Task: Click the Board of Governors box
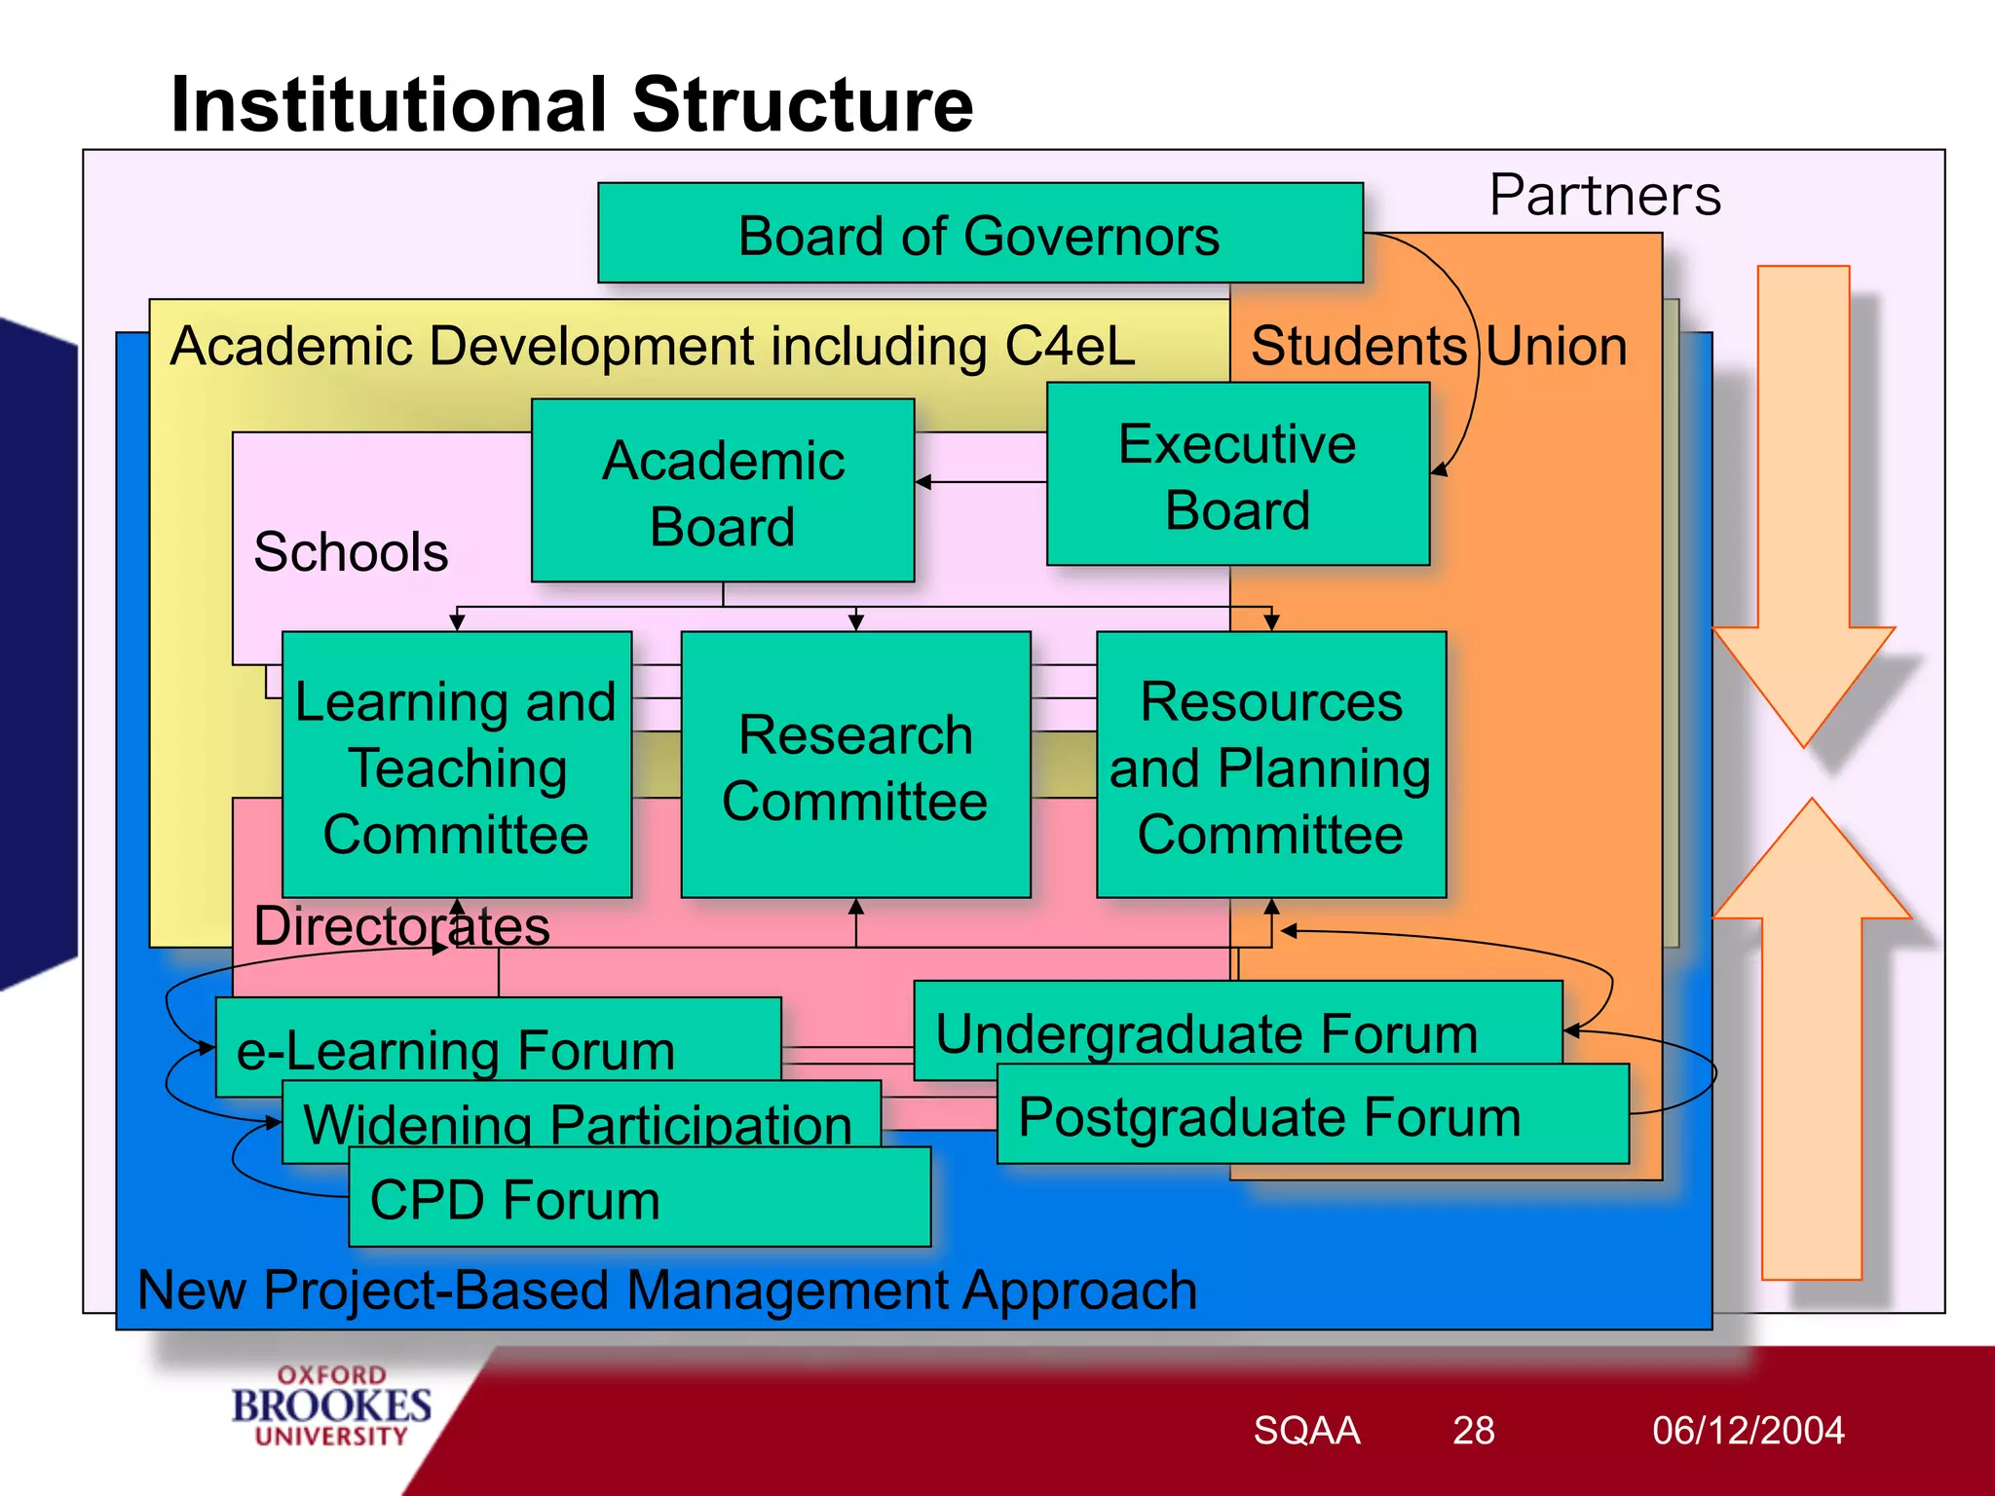tap(979, 234)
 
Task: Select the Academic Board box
tap(723, 491)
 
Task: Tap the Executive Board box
tap(1237, 474)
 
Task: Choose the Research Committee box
tap(855, 766)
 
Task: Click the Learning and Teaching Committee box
tap(456, 766)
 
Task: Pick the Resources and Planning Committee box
tap(1270, 766)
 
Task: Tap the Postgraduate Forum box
tap(1270, 1115)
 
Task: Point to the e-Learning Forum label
tap(456, 1050)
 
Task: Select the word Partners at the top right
tap(1604, 195)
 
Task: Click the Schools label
tap(351, 551)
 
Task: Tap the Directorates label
tap(401, 925)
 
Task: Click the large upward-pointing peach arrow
tap(1811, 1052)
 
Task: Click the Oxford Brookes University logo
tap(331, 1405)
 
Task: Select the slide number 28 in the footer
tap(1473, 1430)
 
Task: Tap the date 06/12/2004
tap(1748, 1430)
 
